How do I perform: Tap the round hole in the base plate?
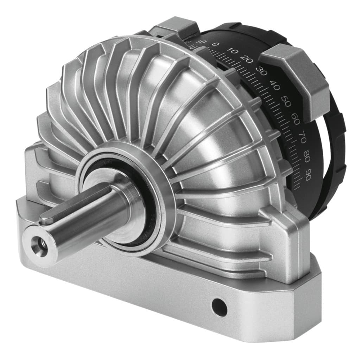220,307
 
